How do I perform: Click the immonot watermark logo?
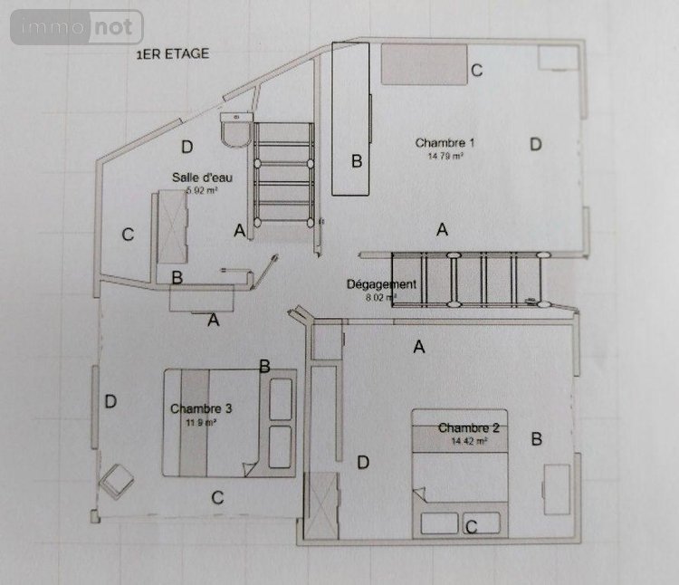point(77,27)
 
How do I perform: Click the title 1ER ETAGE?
point(171,53)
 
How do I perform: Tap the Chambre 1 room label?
point(445,142)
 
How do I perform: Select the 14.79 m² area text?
point(445,156)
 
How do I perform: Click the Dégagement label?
point(382,283)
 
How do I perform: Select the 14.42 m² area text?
point(469,441)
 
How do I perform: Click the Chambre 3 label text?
point(201,408)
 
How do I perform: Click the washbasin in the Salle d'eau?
point(238,133)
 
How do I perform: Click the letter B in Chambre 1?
point(357,161)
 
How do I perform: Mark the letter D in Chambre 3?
point(110,401)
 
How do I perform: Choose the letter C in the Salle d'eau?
point(128,235)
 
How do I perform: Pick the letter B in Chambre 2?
point(536,439)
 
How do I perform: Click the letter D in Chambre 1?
point(535,143)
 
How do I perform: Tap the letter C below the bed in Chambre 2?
point(471,526)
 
